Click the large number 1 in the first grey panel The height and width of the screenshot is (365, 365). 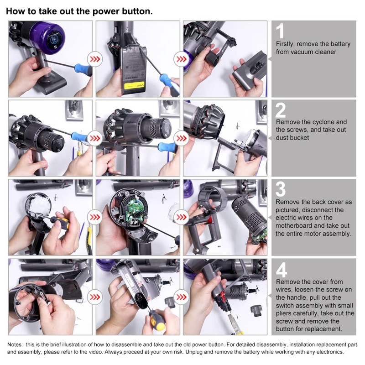tap(280, 31)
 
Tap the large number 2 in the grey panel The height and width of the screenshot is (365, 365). tap(281, 110)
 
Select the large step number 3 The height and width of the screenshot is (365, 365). tap(281, 189)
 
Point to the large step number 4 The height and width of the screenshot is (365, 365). tap(281, 270)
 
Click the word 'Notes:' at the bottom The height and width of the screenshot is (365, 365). tap(15, 344)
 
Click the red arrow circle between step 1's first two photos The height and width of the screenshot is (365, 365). tap(95, 59)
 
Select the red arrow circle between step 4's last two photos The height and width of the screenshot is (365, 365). tap(182, 297)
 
